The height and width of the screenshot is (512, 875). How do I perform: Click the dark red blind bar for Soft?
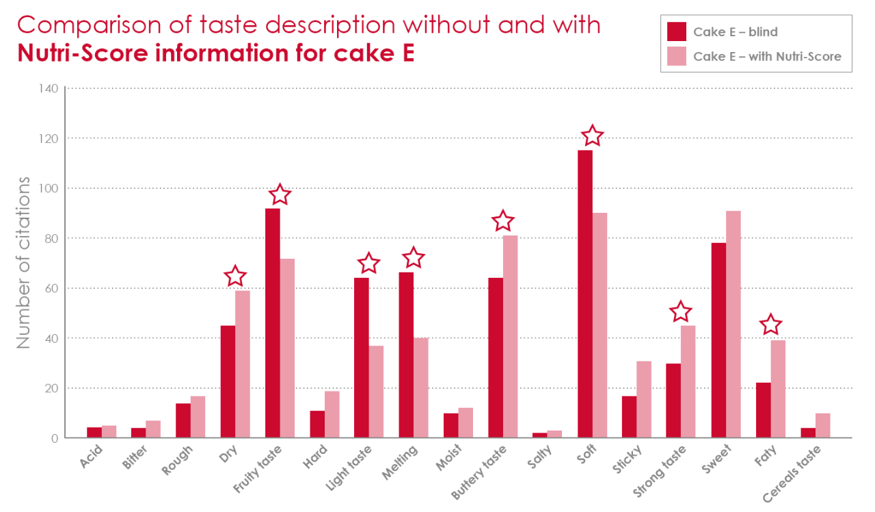(x=584, y=294)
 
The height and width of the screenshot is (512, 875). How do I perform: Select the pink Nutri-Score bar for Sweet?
(x=733, y=324)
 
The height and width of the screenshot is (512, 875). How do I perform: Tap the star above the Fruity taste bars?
(x=280, y=195)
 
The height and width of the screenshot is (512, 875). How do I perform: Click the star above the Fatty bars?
(x=770, y=324)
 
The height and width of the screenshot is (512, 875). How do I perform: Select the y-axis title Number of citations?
(x=24, y=263)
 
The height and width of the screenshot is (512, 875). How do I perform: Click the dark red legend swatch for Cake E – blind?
(x=676, y=31)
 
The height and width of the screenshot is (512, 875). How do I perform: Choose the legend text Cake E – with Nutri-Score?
(x=767, y=56)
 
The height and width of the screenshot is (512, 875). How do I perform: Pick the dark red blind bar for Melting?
(x=406, y=355)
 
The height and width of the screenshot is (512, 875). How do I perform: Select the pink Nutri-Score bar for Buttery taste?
(x=511, y=337)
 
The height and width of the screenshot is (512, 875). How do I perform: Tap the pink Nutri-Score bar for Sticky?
(x=645, y=400)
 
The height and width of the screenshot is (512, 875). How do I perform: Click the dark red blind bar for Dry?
(x=228, y=382)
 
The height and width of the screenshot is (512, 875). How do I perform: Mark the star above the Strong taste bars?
(x=680, y=311)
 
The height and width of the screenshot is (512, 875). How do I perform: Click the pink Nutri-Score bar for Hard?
(x=332, y=415)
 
